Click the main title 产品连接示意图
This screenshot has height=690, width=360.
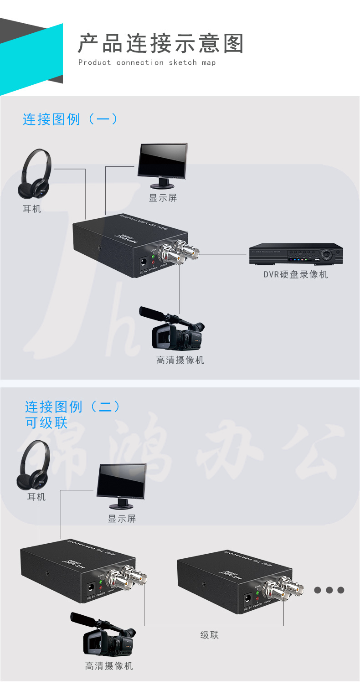coord(160,44)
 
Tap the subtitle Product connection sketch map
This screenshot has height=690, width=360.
coord(147,63)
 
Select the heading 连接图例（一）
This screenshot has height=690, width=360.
coord(71,119)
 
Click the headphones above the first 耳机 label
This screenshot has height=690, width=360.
coord(35,175)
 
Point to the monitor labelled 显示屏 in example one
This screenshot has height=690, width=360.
coord(163,165)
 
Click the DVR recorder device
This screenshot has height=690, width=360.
coord(296,255)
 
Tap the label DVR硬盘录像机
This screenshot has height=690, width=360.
coord(296,274)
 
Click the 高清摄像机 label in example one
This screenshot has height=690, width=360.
coord(180,360)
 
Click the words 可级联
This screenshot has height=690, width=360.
coord(46,422)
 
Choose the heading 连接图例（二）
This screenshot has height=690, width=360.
coord(73,406)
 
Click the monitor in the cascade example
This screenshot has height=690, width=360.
coord(121,485)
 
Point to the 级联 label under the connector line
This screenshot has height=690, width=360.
coord(210,635)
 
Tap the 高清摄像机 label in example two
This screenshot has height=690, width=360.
coord(109,666)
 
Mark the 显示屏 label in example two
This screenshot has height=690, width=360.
coord(122,519)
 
